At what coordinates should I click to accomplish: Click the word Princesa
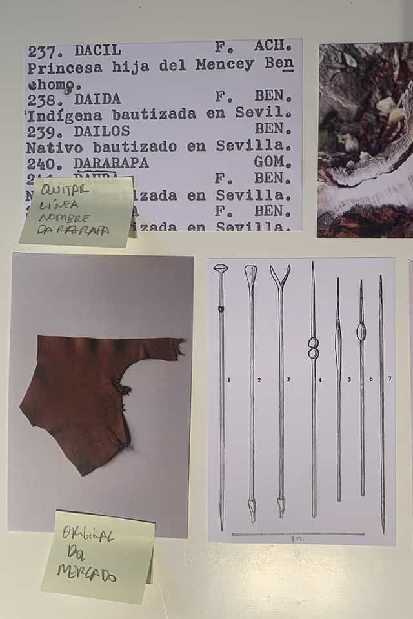coord(61,66)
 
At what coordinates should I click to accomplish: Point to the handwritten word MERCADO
coord(86,573)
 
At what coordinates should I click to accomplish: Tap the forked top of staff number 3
coord(280,275)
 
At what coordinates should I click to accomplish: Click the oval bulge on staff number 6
coord(361,331)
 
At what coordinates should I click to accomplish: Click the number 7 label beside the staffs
coord(390,378)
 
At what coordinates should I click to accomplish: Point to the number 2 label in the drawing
coord(259,380)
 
